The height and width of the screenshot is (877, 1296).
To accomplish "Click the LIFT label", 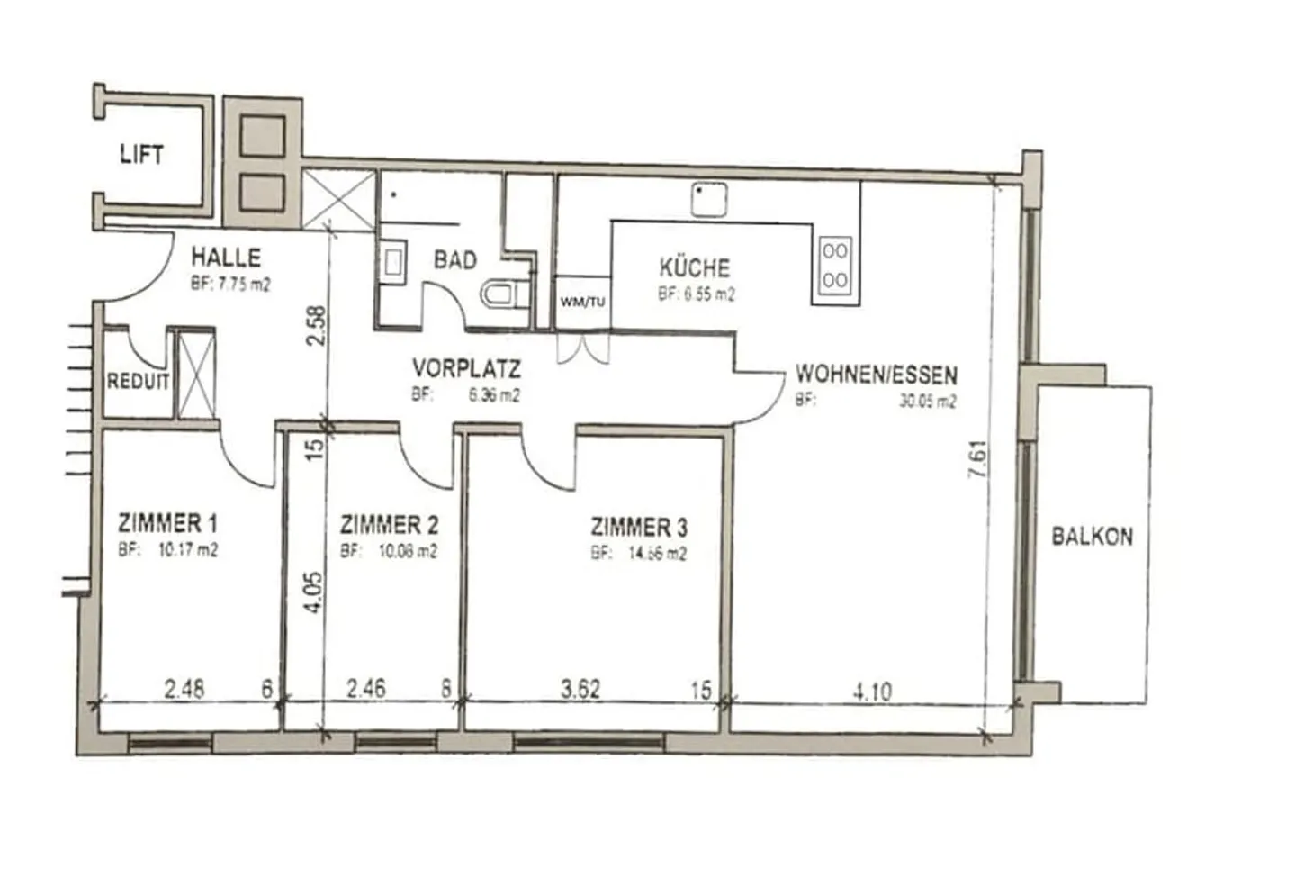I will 141,155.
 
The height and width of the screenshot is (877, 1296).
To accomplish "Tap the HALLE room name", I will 226,258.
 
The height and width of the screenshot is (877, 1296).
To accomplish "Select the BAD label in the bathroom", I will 455,260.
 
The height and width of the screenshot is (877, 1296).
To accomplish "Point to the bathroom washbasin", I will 395,262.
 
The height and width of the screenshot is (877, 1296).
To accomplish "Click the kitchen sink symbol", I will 709,200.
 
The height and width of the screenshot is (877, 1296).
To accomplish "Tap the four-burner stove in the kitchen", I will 834,266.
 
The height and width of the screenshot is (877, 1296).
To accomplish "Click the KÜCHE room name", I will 695,267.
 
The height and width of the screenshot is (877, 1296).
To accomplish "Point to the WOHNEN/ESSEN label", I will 876,374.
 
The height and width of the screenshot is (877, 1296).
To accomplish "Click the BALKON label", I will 1092,537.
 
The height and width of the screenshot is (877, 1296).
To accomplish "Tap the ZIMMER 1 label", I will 167,523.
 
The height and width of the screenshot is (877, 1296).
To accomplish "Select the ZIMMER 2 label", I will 389,525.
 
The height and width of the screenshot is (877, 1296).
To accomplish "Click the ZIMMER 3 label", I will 639,527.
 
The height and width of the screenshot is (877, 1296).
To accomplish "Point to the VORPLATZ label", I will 466,368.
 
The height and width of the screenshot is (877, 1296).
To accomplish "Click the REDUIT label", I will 138,382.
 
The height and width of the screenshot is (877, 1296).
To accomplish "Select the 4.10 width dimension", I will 871,692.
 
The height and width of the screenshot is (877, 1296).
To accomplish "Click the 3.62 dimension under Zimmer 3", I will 580,690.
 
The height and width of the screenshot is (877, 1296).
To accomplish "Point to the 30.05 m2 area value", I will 927,402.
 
